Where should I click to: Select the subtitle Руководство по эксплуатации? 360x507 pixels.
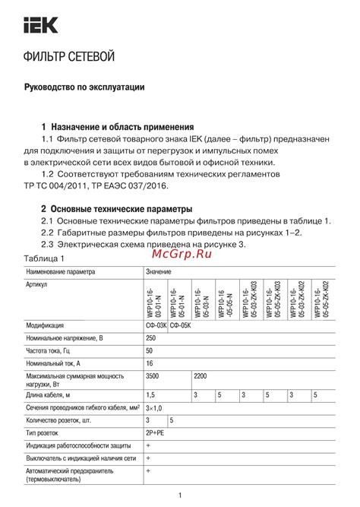point(84,88)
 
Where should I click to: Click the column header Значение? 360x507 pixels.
point(159,271)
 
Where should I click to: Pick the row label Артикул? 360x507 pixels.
point(37,284)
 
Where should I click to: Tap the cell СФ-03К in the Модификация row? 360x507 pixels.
point(157,325)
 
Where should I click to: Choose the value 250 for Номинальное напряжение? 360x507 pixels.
point(152,337)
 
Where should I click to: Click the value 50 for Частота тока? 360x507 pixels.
point(150,350)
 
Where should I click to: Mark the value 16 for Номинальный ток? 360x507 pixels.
point(150,363)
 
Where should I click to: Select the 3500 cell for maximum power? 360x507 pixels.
point(153,376)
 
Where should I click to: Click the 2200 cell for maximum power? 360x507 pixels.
point(201,376)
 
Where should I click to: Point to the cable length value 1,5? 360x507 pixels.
point(151,395)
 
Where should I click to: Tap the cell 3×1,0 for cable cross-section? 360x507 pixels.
point(154,407)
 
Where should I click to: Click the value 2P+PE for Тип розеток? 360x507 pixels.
point(156,433)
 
